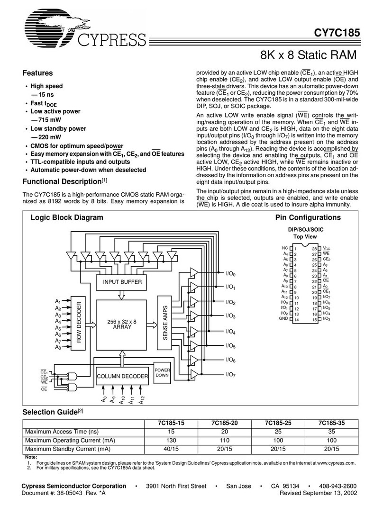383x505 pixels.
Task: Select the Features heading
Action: pos(37,73)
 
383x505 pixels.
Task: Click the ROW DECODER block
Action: pos(79,324)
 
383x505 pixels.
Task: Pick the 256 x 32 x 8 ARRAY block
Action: pos(122,325)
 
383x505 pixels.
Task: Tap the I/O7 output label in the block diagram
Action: pos(231,374)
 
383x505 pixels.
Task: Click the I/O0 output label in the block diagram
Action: pos(231,273)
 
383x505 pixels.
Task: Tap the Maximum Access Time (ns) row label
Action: pos(62,432)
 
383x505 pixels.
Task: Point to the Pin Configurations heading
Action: pos(308,218)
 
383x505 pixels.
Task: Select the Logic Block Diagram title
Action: pos(66,218)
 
